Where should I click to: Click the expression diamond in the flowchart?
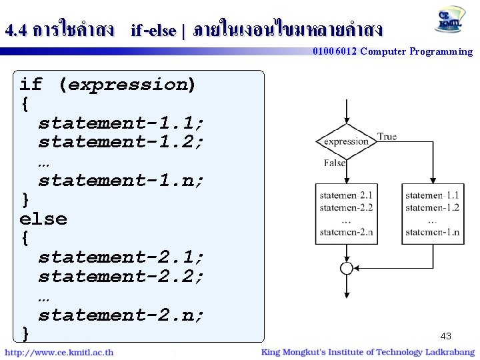[x=346, y=141]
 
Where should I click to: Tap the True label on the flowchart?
[x=387, y=137]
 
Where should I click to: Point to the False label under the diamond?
[x=335, y=163]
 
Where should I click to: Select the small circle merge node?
[x=346, y=268]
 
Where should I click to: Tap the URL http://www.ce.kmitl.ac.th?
[x=59, y=352]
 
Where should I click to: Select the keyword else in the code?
[x=43, y=219]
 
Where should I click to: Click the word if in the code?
[x=31, y=85]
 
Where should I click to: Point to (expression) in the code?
[x=127, y=85]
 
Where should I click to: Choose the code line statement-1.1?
[x=121, y=123]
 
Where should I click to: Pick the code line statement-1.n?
[x=121, y=180]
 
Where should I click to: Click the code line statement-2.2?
[x=121, y=276]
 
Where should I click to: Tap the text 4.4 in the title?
[x=15, y=30]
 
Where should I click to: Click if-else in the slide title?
[x=153, y=31]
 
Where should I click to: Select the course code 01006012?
[x=335, y=51]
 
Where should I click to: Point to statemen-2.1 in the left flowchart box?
[x=346, y=195]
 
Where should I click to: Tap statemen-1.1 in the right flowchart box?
[x=432, y=195]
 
